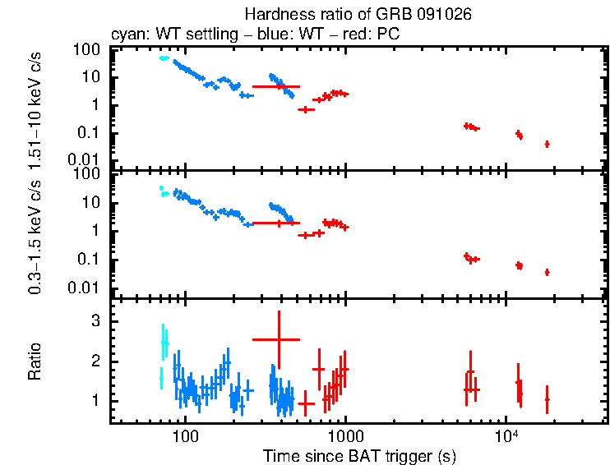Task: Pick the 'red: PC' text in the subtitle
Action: pos(375,35)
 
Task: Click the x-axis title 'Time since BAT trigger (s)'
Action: pos(359,455)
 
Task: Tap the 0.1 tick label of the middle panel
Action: pos(90,260)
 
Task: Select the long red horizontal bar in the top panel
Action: pos(276,86)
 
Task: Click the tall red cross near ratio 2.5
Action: pos(279,338)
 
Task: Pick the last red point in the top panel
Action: pos(547,144)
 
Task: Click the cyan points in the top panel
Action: pos(164,58)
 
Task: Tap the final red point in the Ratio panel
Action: pos(547,399)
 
